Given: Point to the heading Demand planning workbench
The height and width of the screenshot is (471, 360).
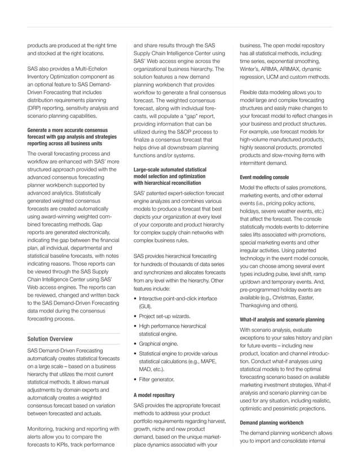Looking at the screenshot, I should (272, 421).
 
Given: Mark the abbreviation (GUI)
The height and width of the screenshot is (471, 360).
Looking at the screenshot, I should (147, 305).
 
